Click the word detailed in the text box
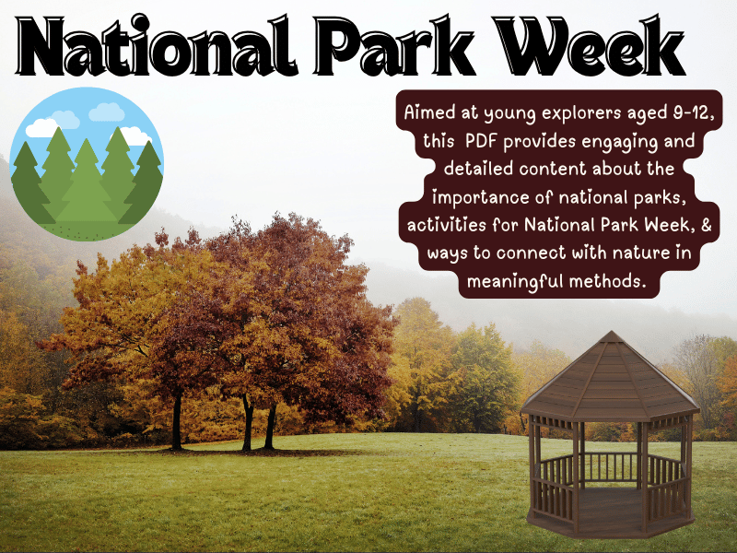tap(479, 171)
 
